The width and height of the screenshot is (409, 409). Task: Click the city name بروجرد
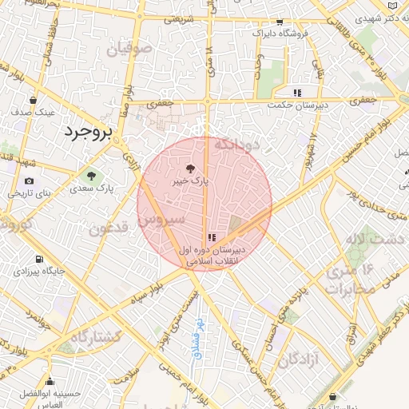point(89,132)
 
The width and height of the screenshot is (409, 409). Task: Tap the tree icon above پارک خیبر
point(190,169)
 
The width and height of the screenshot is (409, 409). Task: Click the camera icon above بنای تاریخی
point(30,181)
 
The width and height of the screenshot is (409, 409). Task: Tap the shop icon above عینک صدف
point(33,101)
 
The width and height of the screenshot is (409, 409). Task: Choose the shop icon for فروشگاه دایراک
point(278,22)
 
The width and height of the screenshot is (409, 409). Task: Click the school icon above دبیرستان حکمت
point(298,92)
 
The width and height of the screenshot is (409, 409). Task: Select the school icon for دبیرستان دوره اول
point(211,237)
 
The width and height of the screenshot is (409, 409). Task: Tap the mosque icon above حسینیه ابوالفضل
point(50,381)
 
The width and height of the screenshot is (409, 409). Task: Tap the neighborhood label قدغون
point(109,229)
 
